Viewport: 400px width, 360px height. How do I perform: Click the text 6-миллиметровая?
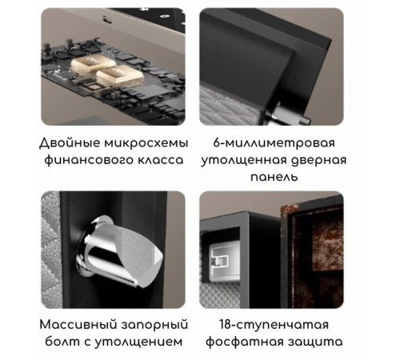pos(274,143)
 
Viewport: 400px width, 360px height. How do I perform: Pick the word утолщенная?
pos(249,160)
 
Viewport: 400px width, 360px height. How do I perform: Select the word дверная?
pos(318,160)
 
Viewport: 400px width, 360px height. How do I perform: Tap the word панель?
pos(273,177)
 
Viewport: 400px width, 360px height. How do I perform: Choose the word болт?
pos(58,342)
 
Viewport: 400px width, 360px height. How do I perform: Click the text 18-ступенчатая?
pos(274,325)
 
